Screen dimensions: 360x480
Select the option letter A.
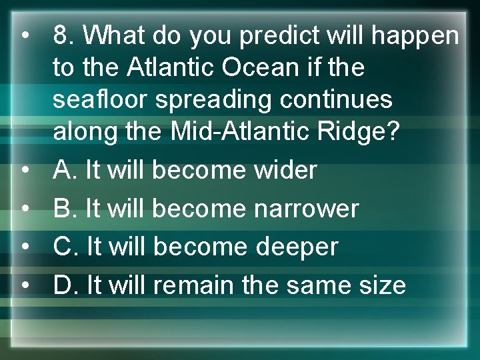point(65,170)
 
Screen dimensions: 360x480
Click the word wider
point(285,170)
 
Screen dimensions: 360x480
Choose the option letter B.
point(65,209)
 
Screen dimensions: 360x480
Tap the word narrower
point(307,209)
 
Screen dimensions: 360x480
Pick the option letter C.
point(65,247)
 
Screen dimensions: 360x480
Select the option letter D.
point(65,285)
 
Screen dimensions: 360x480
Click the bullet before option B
point(24,209)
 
